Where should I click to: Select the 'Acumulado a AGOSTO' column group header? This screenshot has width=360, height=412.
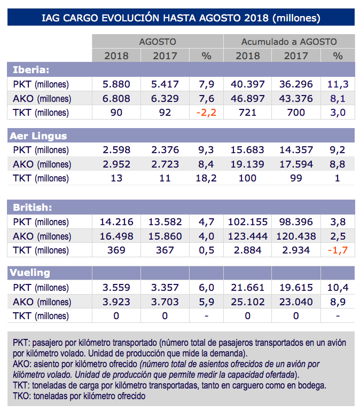(289, 41)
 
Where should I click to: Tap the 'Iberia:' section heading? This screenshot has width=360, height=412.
(30, 69)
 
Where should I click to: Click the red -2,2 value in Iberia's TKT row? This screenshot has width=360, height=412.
(206, 113)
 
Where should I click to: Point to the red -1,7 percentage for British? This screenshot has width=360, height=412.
(337, 249)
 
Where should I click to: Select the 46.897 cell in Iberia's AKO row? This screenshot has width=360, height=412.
(247, 98)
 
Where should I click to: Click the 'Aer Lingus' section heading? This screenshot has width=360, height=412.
(38, 136)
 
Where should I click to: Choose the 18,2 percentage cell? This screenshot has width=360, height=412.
(206, 178)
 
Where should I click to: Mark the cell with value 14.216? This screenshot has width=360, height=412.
(116, 221)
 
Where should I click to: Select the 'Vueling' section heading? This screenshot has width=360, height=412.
(30, 272)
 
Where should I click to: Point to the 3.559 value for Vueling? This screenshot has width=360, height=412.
(116, 288)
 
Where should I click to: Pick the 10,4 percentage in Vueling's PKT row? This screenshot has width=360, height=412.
(337, 288)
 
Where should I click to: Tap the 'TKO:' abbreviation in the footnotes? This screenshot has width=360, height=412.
(22, 397)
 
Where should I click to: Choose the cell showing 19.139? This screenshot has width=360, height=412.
(247, 164)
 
